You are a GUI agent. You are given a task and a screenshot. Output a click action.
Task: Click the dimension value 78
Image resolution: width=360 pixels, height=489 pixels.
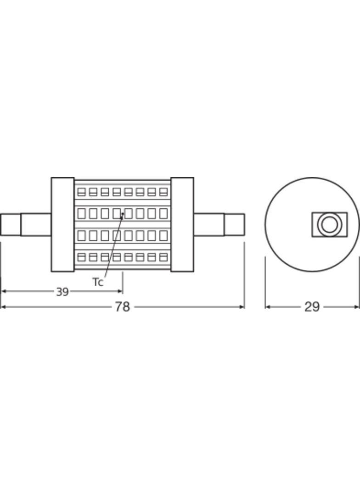click(x=122, y=306)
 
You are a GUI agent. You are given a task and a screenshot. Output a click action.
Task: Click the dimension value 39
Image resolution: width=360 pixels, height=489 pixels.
click(x=62, y=292)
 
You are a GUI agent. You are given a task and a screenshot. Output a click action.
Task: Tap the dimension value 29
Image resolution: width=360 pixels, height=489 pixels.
click(x=312, y=307)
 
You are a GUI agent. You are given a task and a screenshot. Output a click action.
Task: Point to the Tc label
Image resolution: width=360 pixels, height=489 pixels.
click(x=98, y=282)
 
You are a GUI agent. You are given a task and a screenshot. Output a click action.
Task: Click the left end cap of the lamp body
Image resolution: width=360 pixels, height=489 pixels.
click(x=63, y=224)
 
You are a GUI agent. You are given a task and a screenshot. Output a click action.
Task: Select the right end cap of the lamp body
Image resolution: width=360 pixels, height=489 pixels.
click(x=182, y=224)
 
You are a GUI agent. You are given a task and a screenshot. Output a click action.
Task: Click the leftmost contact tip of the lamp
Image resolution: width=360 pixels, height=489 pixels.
click(x=11, y=224)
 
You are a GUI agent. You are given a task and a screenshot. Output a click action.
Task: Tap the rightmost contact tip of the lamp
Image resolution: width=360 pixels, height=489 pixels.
click(x=234, y=224)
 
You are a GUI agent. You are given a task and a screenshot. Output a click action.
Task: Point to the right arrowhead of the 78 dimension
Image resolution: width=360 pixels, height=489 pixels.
click(x=242, y=307)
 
